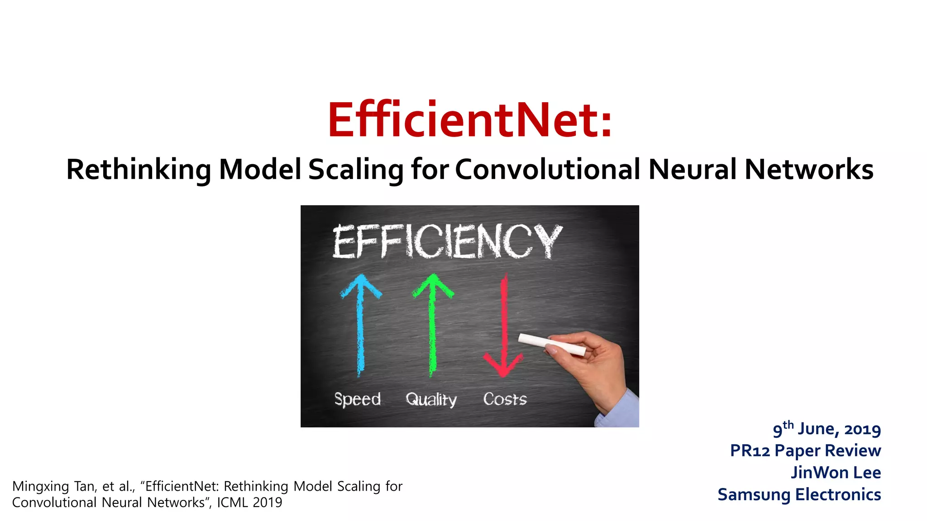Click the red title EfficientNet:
(470, 120)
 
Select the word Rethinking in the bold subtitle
(139, 170)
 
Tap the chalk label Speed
(357, 399)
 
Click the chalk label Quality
(431, 399)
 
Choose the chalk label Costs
(505, 399)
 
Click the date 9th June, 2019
(827, 429)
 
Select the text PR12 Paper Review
(805, 450)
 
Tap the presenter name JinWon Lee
(836, 473)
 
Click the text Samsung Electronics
(799, 494)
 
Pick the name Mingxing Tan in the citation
(53, 487)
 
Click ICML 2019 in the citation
(249, 502)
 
